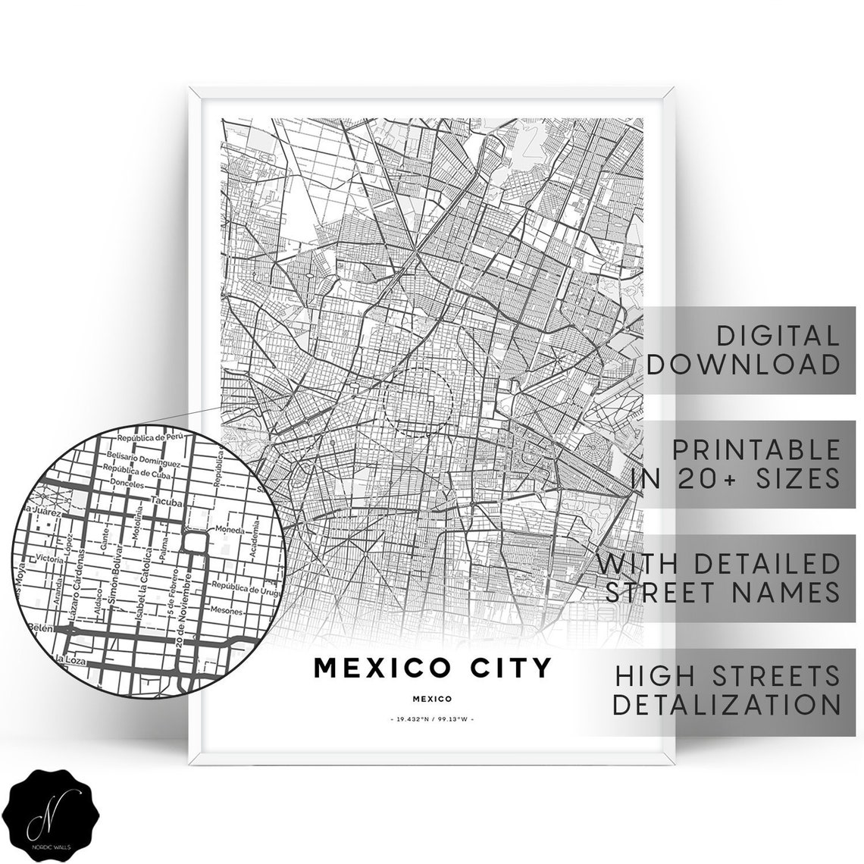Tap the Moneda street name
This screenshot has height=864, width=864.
(x=230, y=528)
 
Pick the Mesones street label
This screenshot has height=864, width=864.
(x=227, y=611)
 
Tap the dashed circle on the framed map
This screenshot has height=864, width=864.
(x=418, y=402)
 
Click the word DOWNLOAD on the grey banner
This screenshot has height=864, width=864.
(x=743, y=363)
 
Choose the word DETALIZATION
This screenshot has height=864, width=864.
(x=726, y=704)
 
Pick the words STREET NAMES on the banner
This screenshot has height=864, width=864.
(x=722, y=591)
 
